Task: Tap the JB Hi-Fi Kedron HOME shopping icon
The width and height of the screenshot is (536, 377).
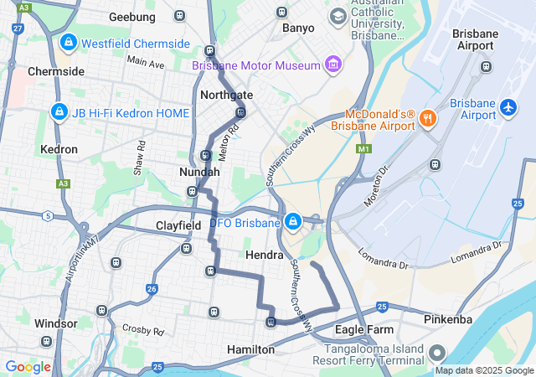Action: click(x=59, y=111)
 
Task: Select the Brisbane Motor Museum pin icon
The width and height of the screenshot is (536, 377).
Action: click(x=334, y=65)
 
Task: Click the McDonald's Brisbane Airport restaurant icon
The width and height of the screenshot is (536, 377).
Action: click(x=427, y=118)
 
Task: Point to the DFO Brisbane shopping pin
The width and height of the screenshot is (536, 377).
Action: click(x=293, y=222)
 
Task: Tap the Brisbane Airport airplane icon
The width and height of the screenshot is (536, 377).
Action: click(x=508, y=108)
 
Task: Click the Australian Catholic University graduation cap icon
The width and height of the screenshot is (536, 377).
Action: click(x=338, y=16)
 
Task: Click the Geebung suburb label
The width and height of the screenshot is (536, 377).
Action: click(x=132, y=17)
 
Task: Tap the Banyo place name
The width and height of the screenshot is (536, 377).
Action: click(x=298, y=28)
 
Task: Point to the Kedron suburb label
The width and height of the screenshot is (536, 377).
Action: click(x=59, y=149)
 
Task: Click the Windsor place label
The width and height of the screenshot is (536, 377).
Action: click(x=55, y=323)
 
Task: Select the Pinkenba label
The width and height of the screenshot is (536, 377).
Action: click(x=448, y=319)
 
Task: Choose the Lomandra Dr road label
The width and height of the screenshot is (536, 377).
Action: click(x=384, y=258)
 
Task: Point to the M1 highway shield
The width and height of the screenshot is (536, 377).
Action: click(x=363, y=149)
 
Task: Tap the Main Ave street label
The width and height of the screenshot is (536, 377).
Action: click(x=147, y=63)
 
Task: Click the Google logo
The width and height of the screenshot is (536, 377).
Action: click(x=28, y=366)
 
